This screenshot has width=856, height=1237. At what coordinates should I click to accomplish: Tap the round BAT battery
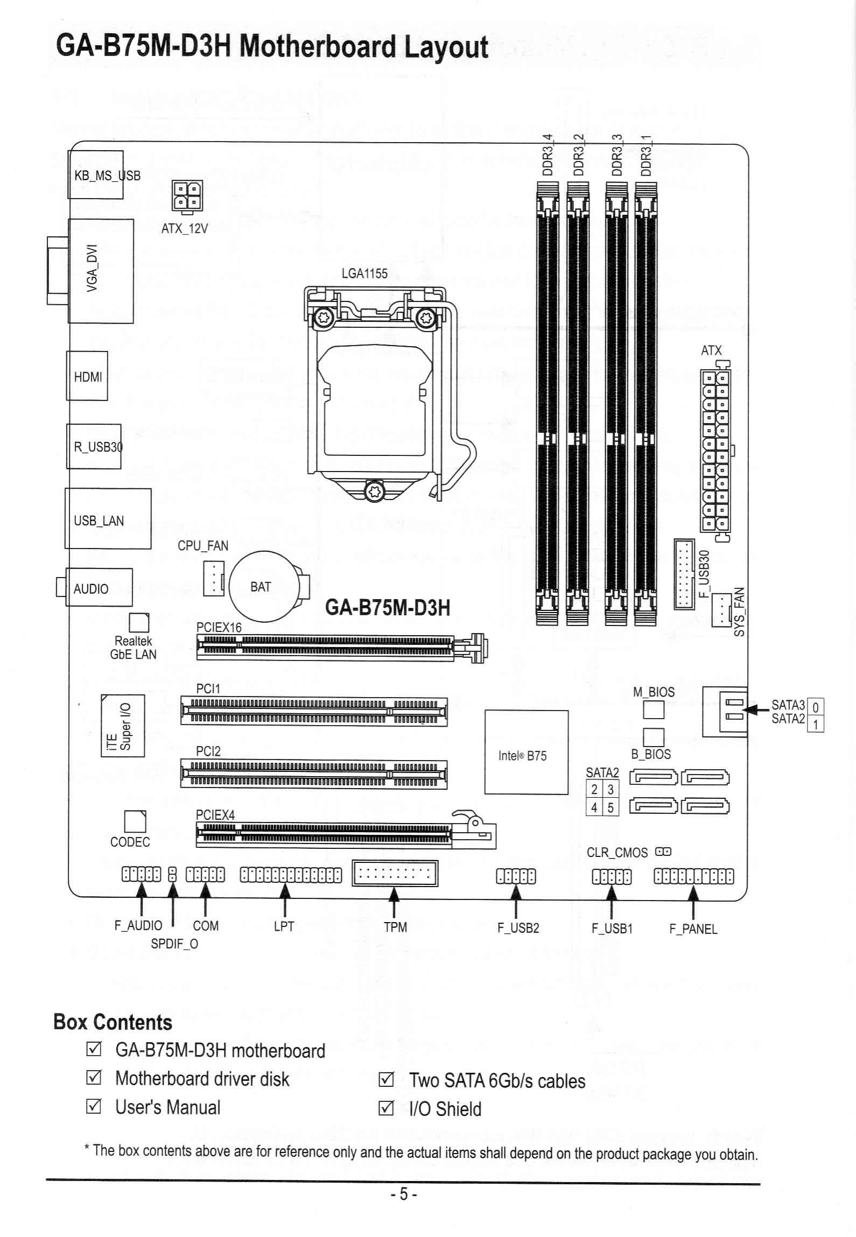pyautogui.click(x=264, y=586)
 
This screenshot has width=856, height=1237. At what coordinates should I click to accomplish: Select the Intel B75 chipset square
pyautogui.click(x=526, y=752)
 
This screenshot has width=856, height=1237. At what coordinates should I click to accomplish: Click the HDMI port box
pyautogui.click(x=87, y=376)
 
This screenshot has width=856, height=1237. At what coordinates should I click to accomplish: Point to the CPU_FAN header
pyautogui.click(x=214, y=578)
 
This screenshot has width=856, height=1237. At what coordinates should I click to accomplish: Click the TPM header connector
pyautogui.click(x=395, y=873)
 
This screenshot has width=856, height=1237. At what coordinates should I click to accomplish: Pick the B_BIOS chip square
pyautogui.click(x=654, y=737)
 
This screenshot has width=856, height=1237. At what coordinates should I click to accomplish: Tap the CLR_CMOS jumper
pyautogui.click(x=663, y=852)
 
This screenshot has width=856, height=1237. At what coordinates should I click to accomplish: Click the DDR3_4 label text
pyautogui.click(x=548, y=155)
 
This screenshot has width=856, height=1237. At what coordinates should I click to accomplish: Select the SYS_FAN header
pyautogui.click(x=721, y=610)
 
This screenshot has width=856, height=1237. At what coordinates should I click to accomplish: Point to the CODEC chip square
pyautogui.click(x=135, y=821)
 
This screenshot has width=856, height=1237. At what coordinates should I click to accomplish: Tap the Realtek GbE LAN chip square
pyautogui.click(x=139, y=622)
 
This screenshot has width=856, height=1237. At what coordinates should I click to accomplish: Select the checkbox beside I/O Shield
pyautogui.click(x=386, y=1108)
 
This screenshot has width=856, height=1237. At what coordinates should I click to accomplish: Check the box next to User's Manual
pyautogui.click(x=93, y=1107)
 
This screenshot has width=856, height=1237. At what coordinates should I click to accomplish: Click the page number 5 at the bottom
pyautogui.click(x=403, y=1194)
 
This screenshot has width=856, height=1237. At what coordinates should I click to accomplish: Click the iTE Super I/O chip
pyautogui.click(x=123, y=725)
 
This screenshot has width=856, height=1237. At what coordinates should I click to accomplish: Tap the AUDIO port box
pyautogui.click(x=99, y=587)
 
